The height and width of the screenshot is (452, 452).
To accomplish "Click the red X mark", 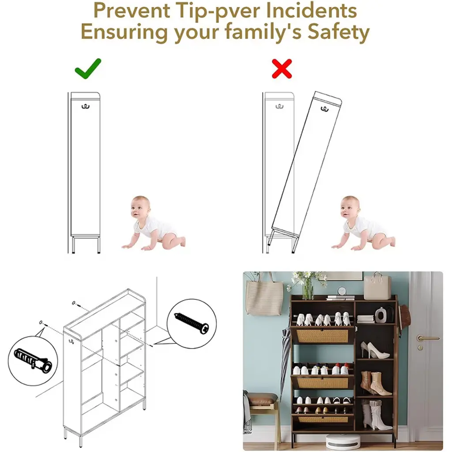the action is click(x=282, y=68).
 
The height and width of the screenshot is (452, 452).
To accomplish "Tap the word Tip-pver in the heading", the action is click(x=218, y=11).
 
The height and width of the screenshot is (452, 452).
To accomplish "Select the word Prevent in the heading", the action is click(x=132, y=11).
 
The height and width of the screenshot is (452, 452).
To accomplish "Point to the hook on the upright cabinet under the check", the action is click(x=86, y=107).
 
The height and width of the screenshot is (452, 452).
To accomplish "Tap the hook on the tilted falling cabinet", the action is click(x=324, y=109).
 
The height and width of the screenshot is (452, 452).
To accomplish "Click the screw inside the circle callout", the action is click(x=192, y=323).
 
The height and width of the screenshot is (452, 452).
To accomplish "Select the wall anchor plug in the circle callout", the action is click(x=33, y=360).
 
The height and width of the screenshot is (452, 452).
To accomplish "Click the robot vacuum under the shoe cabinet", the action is click(x=343, y=441).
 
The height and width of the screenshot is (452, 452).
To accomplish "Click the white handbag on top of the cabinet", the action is click(x=377, y=286).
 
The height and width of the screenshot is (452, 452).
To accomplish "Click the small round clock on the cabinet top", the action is click(x=342, y=291).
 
